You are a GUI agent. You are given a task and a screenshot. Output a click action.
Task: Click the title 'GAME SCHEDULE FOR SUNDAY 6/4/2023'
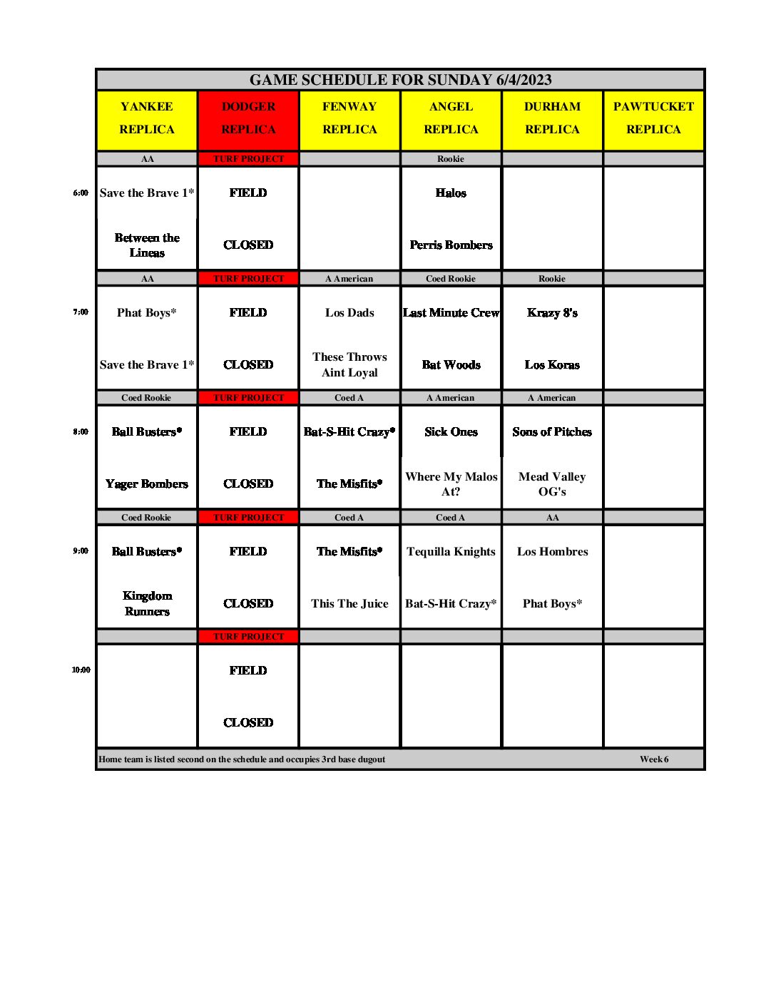click(400, 80)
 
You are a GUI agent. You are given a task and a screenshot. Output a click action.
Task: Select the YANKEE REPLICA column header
click(147, 118)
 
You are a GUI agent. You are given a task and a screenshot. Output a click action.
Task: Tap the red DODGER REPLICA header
click(248, 118)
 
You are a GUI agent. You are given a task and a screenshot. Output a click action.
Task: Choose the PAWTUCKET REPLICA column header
click(653, 118)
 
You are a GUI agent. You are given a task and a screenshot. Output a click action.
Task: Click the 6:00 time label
click(81, 193)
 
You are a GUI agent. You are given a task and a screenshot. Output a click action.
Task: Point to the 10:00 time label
click(81, 670)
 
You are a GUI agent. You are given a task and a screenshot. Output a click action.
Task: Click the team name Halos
click(451, 193)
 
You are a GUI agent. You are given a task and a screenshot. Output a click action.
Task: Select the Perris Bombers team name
click(451, 245)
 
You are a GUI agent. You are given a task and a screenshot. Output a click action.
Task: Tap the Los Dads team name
click(349, 312)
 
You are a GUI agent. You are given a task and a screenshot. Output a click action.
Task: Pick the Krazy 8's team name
click(552, 312)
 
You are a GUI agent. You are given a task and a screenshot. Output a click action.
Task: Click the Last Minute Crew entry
click(451, 312)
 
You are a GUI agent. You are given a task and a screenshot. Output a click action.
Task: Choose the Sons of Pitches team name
click(552, 432)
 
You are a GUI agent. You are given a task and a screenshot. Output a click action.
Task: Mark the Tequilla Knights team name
click(451, 551)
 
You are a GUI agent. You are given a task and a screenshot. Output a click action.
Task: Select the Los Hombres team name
click(552, 551)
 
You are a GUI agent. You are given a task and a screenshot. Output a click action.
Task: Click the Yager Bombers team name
click(147, 484)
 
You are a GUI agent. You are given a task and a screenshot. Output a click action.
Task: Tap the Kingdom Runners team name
click(147, 603)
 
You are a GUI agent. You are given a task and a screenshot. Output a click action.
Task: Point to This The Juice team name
click(349, 603)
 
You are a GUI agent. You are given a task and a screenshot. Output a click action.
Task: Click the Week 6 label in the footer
click(654, 759)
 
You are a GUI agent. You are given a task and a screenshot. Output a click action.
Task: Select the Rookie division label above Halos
click(451, 159)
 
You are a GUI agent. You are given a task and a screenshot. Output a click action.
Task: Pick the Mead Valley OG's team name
click(552, 484)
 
